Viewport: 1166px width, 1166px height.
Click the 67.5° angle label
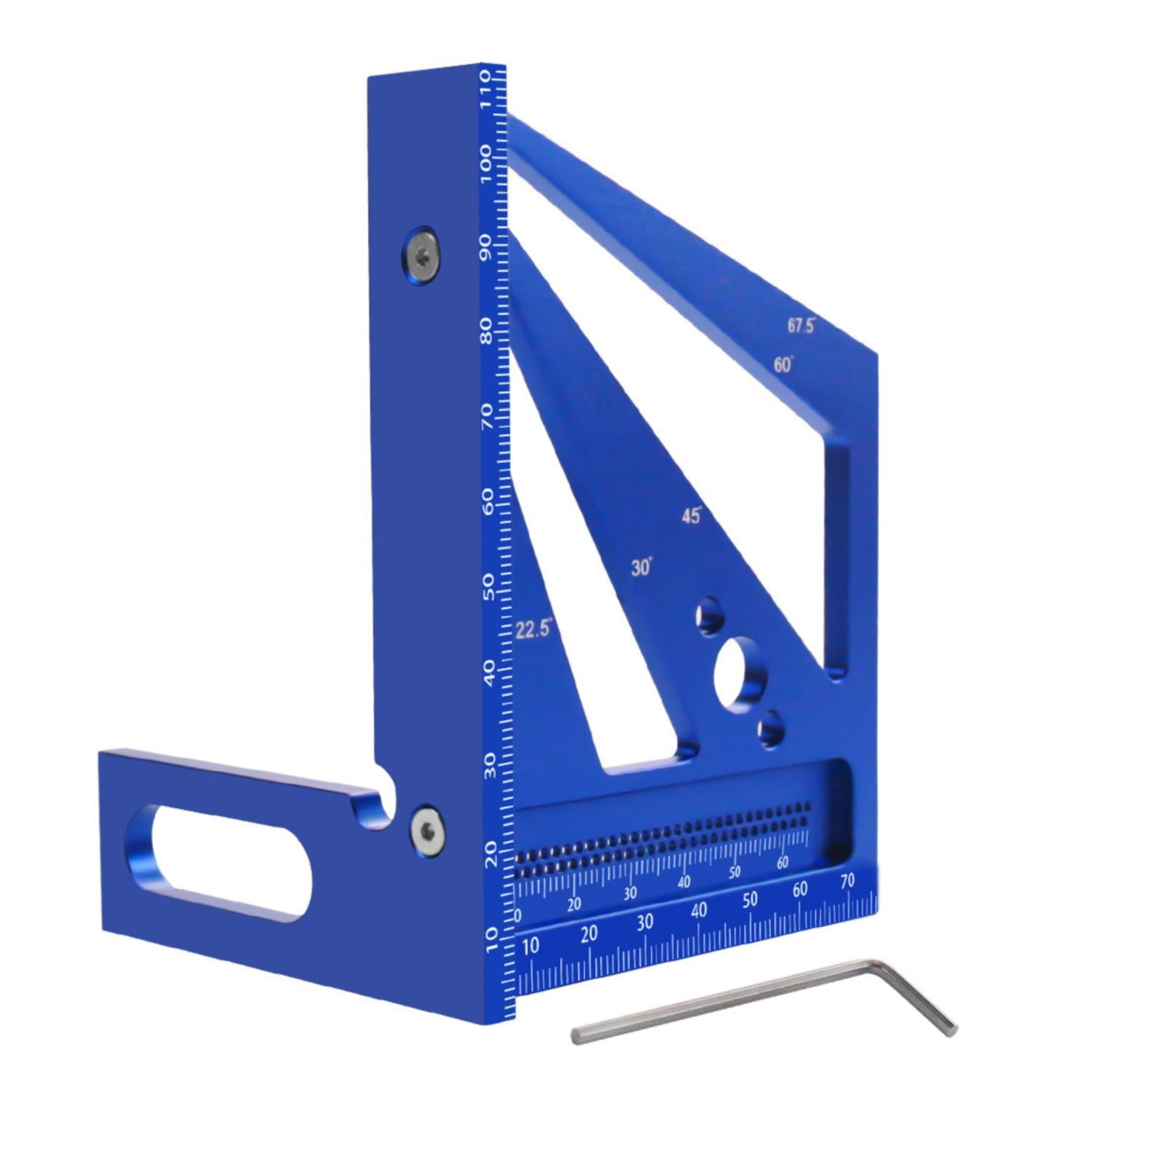(x=800, y=326)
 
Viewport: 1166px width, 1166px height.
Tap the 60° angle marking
(x=783, y=364)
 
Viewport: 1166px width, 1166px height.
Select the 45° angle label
(x=691, y=516)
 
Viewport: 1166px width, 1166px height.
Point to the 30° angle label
(x=641, y=567)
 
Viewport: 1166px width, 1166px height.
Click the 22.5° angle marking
(x=533, y=629)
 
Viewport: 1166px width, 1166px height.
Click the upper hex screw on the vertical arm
(x=421, y=256)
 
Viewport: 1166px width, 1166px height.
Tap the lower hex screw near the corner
(x=427, y=830)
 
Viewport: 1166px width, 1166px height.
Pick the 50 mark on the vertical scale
(x=488, y=587)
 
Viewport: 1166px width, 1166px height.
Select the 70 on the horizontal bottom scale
(x=847, y=881)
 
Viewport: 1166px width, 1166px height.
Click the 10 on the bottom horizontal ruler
(x=531, y=946)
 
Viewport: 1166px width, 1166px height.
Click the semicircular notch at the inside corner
(x=383, y=805)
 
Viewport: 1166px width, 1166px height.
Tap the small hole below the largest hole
(x=770, y=731)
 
